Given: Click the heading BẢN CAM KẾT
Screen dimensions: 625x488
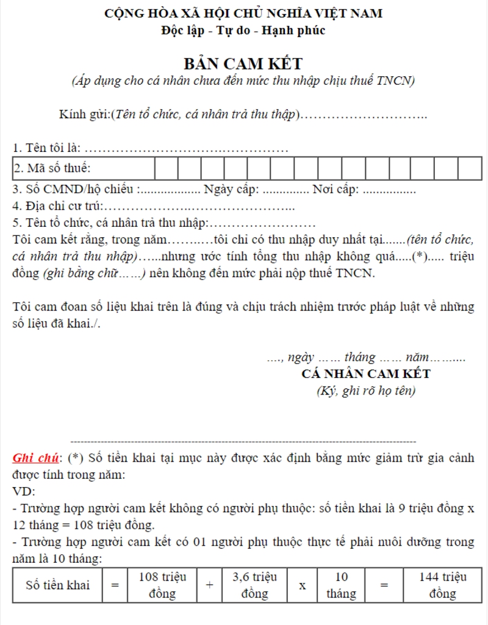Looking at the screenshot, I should tap(243, 63).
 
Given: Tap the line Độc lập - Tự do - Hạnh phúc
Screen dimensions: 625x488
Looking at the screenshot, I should tap(243, 30).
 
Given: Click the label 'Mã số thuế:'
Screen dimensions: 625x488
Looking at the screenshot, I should tap(52, 167).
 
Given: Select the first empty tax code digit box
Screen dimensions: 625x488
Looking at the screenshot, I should tap(167, 167).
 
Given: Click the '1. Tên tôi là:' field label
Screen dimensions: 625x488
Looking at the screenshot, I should tap(46, 147).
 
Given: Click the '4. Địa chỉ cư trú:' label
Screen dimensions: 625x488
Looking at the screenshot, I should tap(58, 205).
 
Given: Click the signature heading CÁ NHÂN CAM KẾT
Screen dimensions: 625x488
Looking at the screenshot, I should tap(366, 374).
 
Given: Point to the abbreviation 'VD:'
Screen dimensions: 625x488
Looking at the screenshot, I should tap(24, 491).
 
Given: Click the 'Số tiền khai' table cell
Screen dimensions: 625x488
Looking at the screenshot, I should tap(57, 585).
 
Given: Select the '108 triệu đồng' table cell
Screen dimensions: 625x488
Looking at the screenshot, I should tap(163, 585).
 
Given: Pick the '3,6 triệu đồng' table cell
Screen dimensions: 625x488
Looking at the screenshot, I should tap(255, 585).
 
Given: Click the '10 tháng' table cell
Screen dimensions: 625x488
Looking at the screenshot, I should tap(341, 585).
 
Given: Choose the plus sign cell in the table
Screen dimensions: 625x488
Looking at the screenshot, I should tap(209, 585).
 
